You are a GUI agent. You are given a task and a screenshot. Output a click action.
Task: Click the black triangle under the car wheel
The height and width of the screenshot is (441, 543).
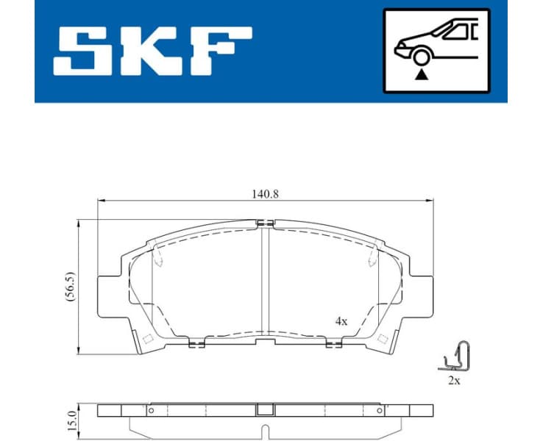421,74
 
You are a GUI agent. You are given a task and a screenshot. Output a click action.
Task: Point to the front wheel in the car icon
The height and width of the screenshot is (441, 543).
421,57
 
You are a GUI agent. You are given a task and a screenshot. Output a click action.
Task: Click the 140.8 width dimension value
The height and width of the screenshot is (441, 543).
266,194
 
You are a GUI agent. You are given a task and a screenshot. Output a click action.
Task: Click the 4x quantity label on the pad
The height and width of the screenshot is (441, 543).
340,321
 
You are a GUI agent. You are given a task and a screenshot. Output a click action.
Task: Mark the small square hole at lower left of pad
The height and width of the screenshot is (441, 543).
146,339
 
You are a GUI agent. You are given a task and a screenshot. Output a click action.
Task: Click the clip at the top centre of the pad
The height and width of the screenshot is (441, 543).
266,223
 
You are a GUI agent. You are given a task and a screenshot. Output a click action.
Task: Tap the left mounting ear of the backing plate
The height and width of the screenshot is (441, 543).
109,288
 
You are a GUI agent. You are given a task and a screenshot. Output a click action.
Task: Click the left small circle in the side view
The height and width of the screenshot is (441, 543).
151,411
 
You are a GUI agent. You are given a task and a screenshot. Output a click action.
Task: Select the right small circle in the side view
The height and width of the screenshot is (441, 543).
380,411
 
